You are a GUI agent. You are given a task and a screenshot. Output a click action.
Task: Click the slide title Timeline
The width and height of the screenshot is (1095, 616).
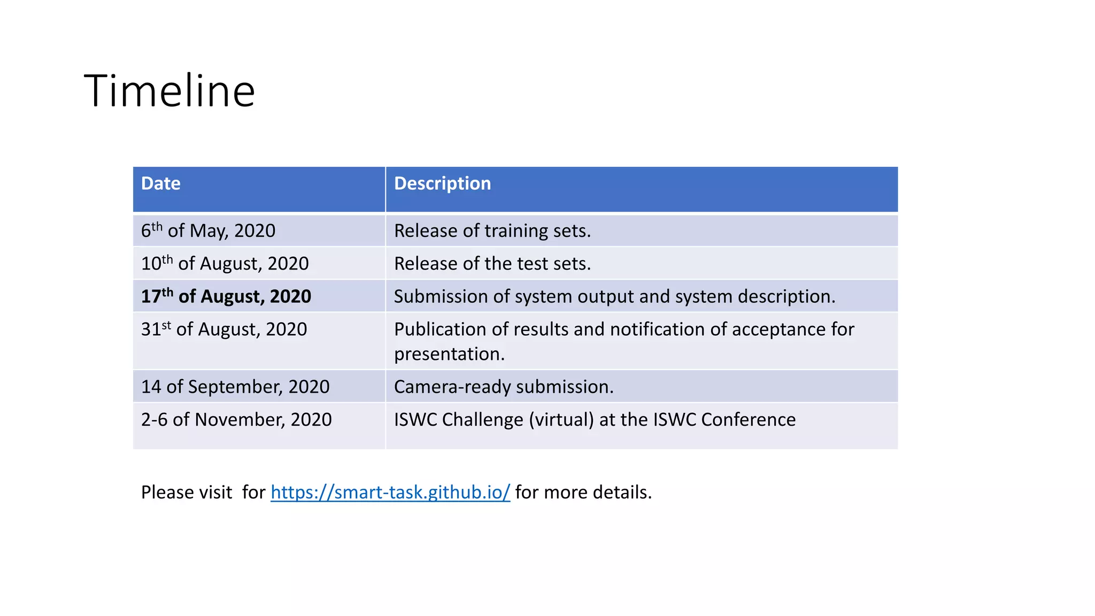(169, 91)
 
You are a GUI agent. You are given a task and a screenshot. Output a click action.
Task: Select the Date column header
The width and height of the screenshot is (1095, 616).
(161, 183)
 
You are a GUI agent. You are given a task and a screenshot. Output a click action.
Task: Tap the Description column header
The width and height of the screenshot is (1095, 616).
(442, 183)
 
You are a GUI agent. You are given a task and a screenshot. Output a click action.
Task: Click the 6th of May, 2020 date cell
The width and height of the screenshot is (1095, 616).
(208, 230)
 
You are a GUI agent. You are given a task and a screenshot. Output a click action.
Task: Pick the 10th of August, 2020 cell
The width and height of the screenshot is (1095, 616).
(225, 264)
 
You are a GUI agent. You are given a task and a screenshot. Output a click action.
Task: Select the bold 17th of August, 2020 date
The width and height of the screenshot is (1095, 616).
(226, 296)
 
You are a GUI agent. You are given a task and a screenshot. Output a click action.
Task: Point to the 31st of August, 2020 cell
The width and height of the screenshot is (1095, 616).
(223, 329)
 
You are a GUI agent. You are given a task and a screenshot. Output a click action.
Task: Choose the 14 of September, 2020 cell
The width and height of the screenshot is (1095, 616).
(235, 387)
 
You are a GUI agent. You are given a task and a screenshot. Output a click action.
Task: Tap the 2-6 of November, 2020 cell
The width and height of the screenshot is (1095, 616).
(236, 420)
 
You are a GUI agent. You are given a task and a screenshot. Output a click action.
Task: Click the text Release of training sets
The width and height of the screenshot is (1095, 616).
(492, 230)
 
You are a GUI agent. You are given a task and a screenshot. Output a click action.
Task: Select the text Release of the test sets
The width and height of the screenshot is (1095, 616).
(492, 264)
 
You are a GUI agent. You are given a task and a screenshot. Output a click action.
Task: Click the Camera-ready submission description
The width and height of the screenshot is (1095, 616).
(504, 387)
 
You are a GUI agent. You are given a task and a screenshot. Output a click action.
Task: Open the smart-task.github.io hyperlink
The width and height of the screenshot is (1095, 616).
(390, 492)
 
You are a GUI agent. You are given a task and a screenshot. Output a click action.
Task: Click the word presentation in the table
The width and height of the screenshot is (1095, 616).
(449, 354)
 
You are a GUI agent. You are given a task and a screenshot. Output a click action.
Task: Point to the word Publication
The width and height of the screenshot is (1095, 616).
(440, 329)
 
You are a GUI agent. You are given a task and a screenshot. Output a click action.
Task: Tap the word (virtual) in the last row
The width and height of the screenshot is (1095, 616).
(561, 420)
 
